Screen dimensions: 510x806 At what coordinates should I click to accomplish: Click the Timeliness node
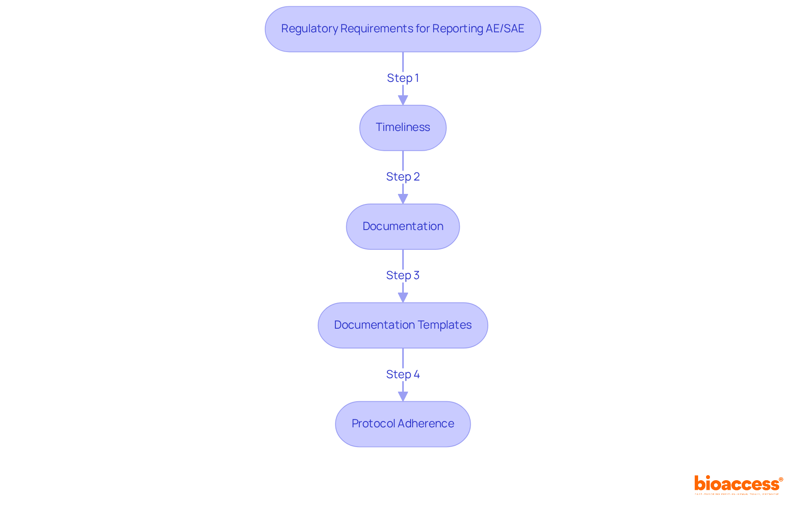(403, 128)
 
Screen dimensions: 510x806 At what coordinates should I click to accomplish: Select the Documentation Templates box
(403, 325)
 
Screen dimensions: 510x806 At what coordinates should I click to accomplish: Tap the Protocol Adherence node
(403, 424)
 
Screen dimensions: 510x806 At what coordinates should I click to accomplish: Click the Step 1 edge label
(403, 78)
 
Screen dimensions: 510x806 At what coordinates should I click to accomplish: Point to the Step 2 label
(403, 177)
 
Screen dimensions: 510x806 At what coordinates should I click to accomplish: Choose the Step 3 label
(403, 275)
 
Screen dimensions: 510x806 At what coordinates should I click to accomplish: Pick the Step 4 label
(403, 374)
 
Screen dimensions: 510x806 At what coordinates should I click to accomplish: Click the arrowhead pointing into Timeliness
(403, 100)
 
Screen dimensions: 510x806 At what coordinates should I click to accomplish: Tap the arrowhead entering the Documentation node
(403, 199)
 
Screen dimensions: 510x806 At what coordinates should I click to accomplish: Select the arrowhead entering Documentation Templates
(403, 298)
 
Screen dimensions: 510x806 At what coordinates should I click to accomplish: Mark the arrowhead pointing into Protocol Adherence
(403, 396)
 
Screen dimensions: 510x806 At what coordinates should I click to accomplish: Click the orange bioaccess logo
(737, 484)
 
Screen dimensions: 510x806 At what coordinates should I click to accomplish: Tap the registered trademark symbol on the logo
(781, 479)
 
